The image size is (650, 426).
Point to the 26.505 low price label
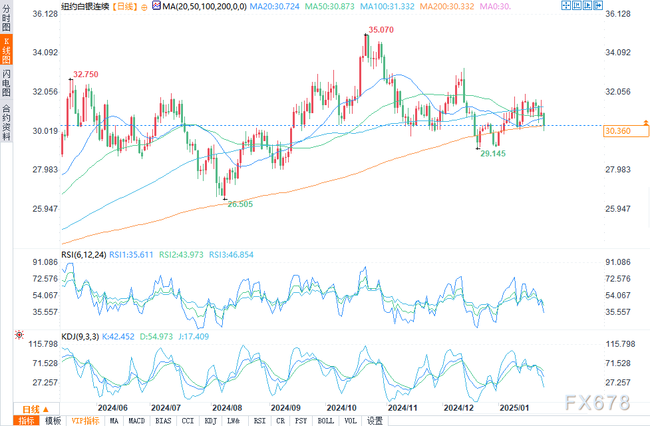click(x=240, y=204)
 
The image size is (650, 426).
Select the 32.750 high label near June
click(x=86, y=75)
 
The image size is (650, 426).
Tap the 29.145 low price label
click(x=493, y=153)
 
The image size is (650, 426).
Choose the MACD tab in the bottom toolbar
click(x=136, y=421)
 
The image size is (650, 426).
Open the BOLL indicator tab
click(x=325, y=421)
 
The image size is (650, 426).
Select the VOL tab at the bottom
click(x=351, y=421)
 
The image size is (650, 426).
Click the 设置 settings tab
click(x=375, y=421)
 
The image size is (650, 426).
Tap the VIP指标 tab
click(x=85, y=421)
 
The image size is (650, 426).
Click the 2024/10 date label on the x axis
click(x=343, y=407)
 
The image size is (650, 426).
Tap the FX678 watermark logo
click(x=596, y=402)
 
